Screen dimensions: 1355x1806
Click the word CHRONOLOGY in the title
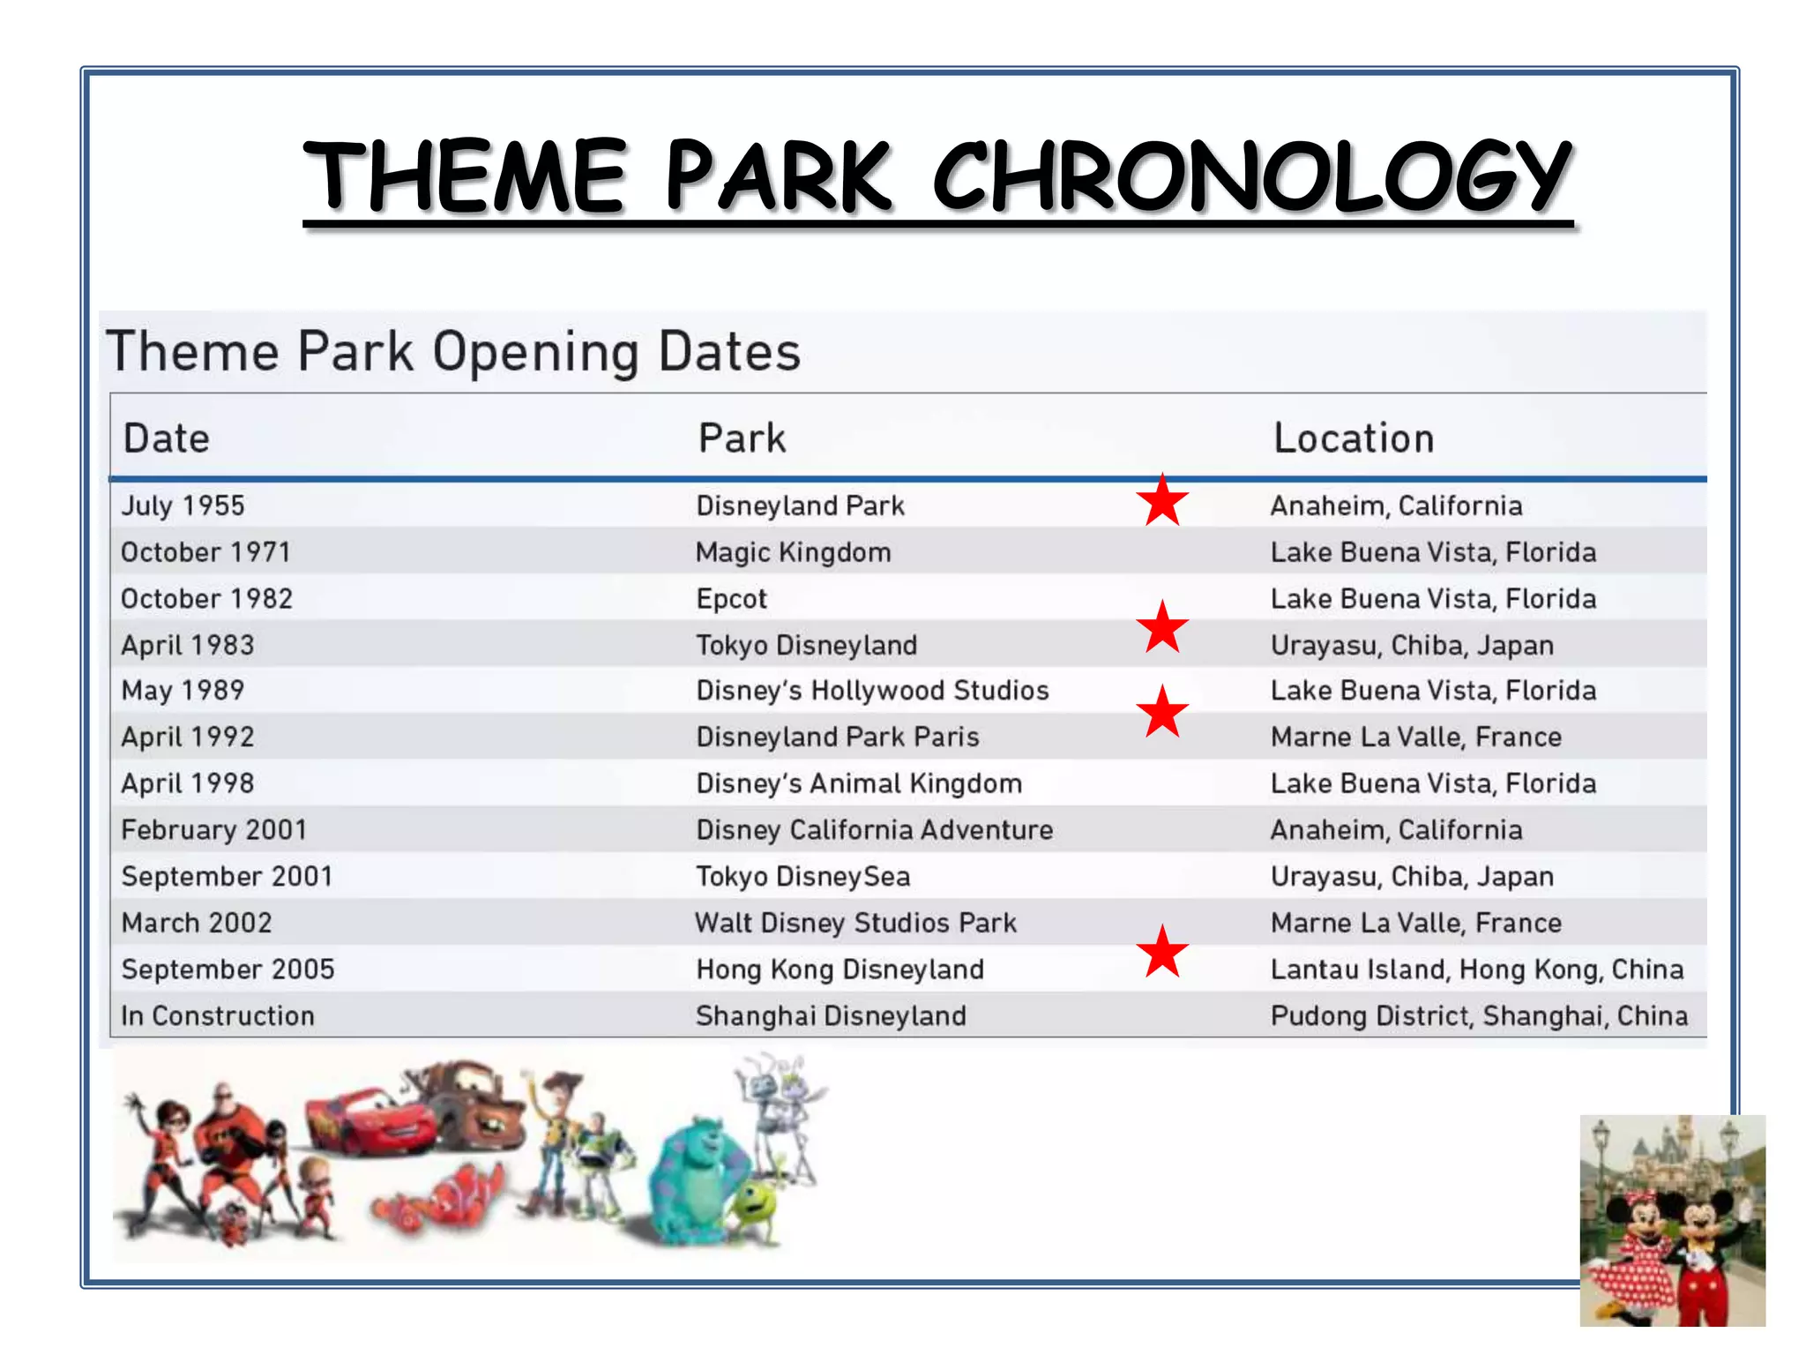(x=1252, y=176)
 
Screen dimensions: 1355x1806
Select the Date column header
(x=167, y=438)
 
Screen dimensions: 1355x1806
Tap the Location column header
(x=1354, y=438)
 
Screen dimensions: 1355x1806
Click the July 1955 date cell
(x=183, y=505)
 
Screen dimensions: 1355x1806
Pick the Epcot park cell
(x=731, y=599)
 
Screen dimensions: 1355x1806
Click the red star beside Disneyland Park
(x=1162, y=501)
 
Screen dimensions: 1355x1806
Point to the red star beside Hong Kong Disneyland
(x=1162, y=953)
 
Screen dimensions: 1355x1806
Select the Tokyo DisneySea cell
(x=802, y=876)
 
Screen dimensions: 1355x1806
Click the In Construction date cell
(x=217, y=1015)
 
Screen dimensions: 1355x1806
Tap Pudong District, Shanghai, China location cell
(x=1479, y=1015)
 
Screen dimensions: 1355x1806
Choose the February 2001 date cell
(x=213, y=830)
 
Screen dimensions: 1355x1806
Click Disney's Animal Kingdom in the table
(x=858, y=783)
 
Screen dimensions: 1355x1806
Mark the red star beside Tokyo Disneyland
(x=1162, y=628)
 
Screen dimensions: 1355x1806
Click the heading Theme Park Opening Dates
(x=453, y=351)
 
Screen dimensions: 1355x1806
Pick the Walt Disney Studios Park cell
(x=855, y=923)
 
